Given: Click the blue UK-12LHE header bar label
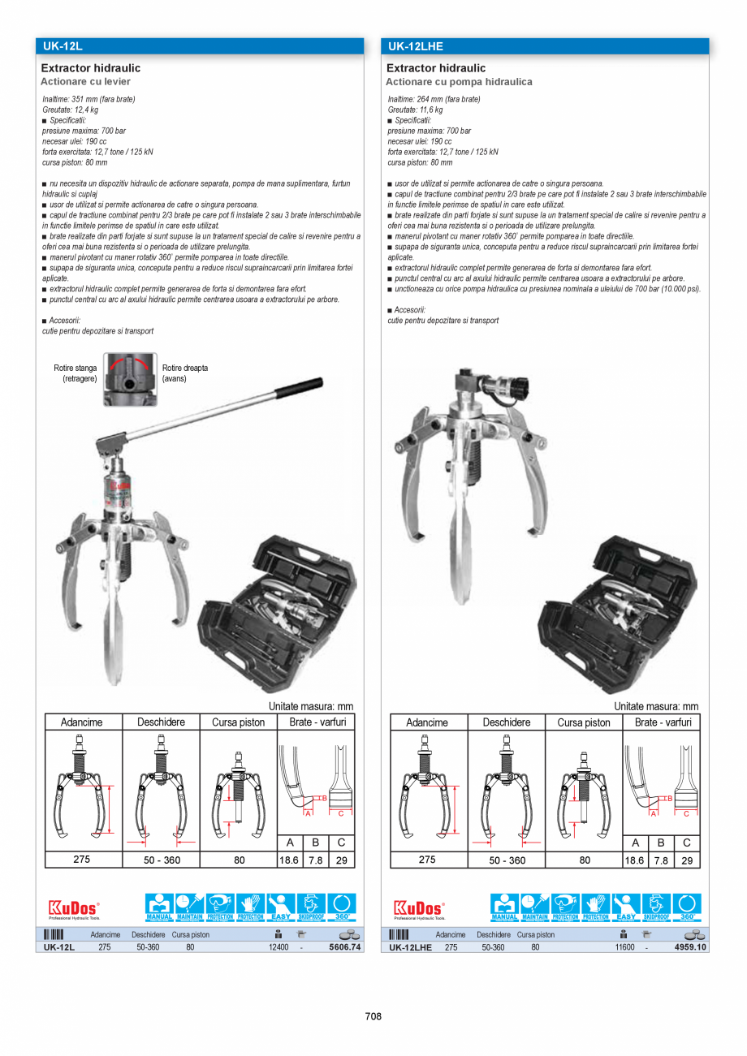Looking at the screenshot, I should click(x=415, y=46).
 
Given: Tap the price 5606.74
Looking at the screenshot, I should click(x=344, y=946).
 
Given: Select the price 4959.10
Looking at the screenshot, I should click(x=689, y=946).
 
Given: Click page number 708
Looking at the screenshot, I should click(x=373, y=1016).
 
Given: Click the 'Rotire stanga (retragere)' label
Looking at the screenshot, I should click(x=76, y=373).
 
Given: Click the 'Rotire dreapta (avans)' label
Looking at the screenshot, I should click(x=185, y=373).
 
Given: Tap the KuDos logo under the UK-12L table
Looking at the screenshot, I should click(x=74, y=907).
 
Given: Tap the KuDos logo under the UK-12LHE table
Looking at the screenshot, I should click(x=419, y=907).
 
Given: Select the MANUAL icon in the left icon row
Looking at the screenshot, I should click(x=158, y=907).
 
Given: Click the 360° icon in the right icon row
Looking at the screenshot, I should click(x=686, y=907).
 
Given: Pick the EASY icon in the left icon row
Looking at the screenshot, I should click(x=280, y=907).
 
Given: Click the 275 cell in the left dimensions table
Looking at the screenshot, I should click(x=82, y=860).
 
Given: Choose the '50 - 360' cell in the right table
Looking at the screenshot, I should click(x=507, y=860).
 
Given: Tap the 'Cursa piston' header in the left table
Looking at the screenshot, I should click(x=239, y=722).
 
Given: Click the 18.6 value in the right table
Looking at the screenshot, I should click(x=635, y=860).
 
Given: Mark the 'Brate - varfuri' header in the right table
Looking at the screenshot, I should click(x=663, y=722).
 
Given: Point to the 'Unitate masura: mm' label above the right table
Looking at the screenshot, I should click(x=656, y=706).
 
